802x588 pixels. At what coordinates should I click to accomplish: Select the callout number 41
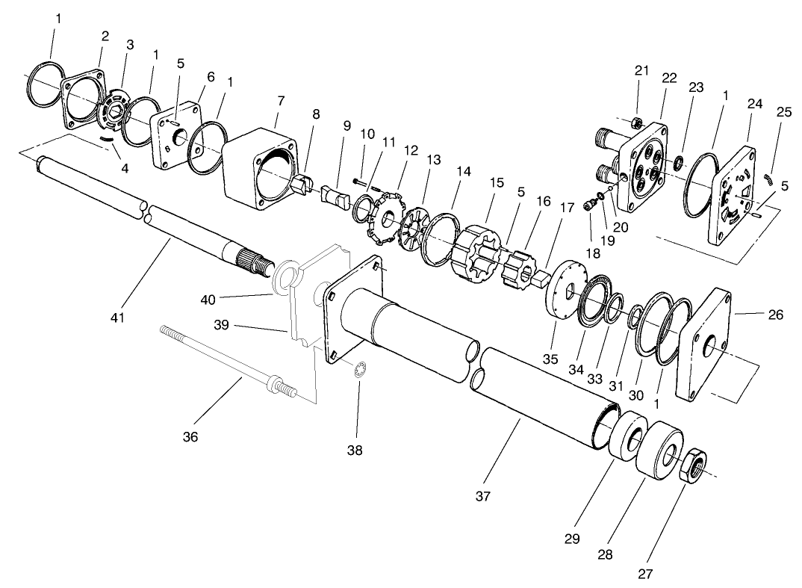[x=118, y=318]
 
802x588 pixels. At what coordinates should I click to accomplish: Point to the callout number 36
[x=190, y=437]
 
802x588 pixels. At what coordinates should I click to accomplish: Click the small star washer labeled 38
[x=358, y=369]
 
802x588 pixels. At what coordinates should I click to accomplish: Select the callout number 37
[x=483, y=497]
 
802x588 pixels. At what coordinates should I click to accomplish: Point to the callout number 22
[x=669, y=78]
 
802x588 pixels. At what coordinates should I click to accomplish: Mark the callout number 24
[x=755, y=104]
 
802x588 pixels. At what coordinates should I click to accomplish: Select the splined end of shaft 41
[x=253, y=262]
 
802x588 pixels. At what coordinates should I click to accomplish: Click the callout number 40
[x=207, y=300]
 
